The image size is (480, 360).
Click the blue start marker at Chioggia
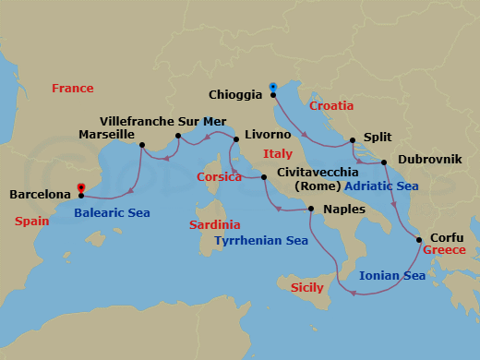pyautogui.click(x=273, y=88)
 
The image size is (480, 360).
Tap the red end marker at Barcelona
pyautogui.click(x=81, y=188)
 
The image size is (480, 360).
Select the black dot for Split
pyautogui.click(x=352, y=141)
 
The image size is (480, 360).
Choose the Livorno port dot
pyautogui.click(x=237, y=140)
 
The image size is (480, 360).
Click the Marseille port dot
pyautogui.click(x=141, y=145)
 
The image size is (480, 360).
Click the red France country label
pyautogui.click(x=73, y=89)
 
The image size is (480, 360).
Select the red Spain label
pyautogui.click(x=33, y=222)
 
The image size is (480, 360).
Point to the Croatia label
pyautogui.click(x=331, y=106)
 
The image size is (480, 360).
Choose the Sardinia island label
pyautogui.click(x=214, y=224)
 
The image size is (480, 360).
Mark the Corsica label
pyautogui.click(x=220, y=177)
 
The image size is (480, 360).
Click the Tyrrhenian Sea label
pyautogui.click(x=261, y=241)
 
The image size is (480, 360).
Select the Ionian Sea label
pyautogui.click(x=392, y=275)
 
